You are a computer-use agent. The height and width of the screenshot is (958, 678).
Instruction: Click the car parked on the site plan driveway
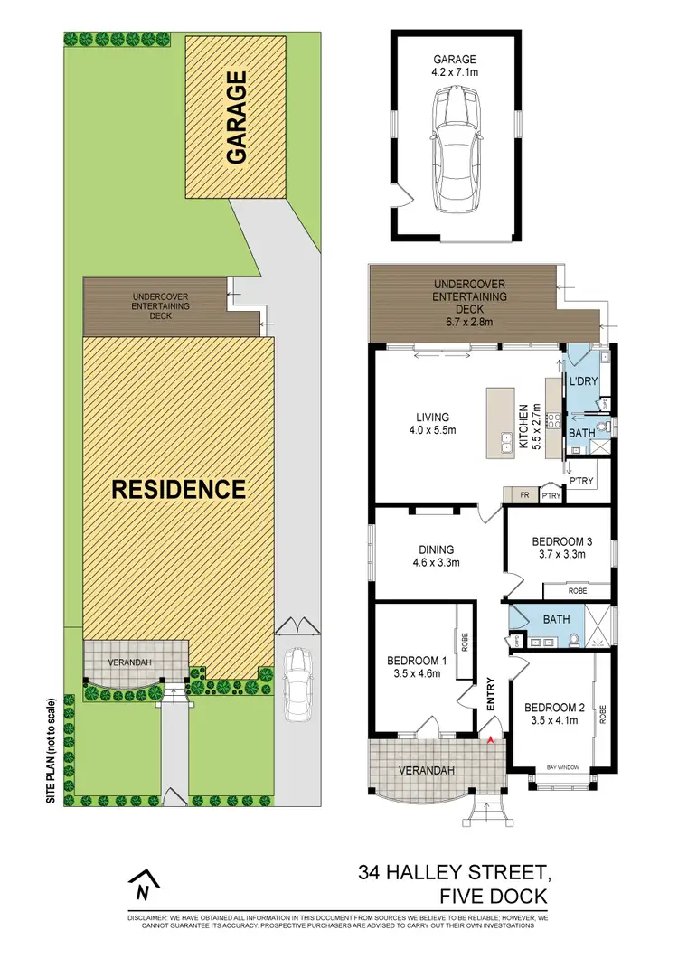click(297, 684)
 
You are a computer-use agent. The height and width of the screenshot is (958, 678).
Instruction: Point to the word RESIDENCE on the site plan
click(178, 489)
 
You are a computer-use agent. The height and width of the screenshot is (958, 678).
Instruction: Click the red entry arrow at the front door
click(491, 741)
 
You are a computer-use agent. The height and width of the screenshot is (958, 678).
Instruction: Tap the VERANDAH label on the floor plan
click(423, 770)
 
